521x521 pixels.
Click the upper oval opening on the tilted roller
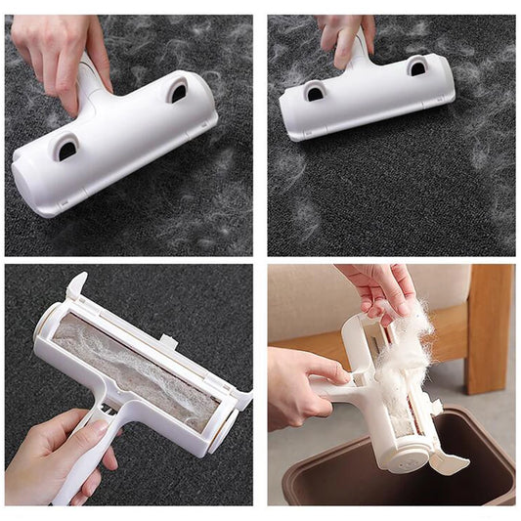click(x=177, y=92)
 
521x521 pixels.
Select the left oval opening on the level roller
click(x=316, y=93)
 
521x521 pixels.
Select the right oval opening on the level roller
click(x=417, y=66)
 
